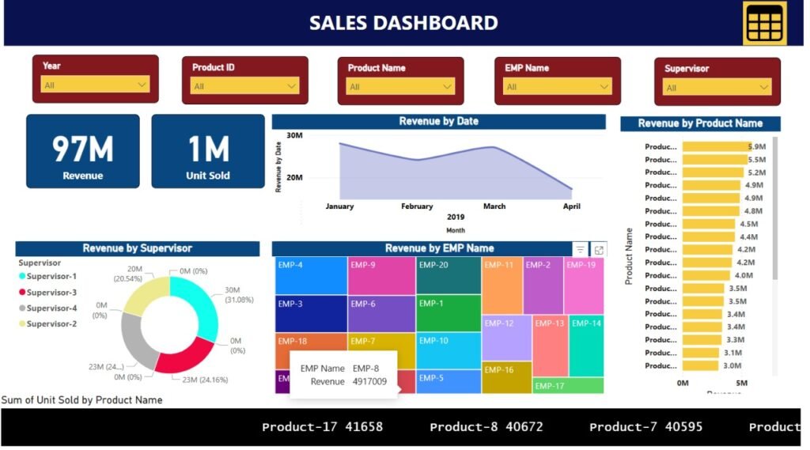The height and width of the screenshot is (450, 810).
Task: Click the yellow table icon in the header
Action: [x=764, y=23]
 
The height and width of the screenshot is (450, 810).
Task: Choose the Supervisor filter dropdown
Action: [x=763, y=88]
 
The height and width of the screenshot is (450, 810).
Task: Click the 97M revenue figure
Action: [x=83, y=149]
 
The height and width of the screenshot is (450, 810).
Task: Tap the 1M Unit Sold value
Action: [x=208, y=149]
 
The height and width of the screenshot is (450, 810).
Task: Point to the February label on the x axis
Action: [x=417, y=206]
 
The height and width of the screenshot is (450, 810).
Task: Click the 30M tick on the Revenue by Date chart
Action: [x=294, y=136]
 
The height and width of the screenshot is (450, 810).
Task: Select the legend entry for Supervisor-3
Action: [x=51, y=292]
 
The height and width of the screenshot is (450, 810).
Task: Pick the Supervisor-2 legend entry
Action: [x=51, y=323]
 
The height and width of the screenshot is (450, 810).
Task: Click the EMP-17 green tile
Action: [x=567, y=386]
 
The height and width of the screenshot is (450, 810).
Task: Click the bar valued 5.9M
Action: [x=715, y=146]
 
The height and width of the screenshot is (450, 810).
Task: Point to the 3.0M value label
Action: [x=732, y=365]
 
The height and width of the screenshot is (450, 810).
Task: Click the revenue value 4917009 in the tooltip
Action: [x=370, y=382]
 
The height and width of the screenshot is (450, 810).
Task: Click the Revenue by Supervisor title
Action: [x=137, y=248]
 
